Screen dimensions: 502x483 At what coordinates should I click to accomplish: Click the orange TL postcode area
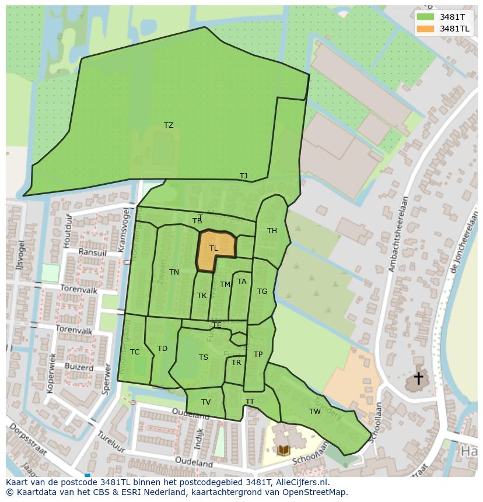(x=215, y=251)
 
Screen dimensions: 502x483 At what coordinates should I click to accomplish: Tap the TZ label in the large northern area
(x=169, y=125)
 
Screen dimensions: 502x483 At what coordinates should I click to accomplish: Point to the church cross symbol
(x=418, y=378)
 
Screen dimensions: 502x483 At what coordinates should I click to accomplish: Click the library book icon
(x=283, y=450)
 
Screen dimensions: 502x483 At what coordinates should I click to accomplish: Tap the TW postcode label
(x=315, y=412)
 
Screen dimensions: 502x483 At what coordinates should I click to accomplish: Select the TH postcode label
(x=272, y=231)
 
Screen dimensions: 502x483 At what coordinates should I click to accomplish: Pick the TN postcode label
(x=174, y=272)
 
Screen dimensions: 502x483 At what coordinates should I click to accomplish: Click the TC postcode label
(x=135, y=352)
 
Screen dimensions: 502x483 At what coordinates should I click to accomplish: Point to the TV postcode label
(x=206, y=402)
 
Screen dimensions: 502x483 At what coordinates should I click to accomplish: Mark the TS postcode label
(x=203, y=358)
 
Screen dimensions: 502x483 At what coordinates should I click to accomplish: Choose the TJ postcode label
(x=243, y=176)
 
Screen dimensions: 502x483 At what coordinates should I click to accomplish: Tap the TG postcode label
(x=262, y=292)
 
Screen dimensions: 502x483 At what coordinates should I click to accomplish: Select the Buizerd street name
(x=79, y=368)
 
